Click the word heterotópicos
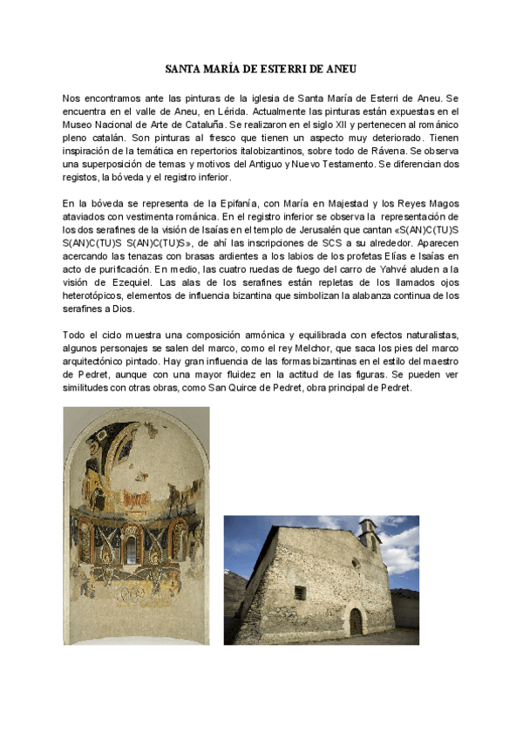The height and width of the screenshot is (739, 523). click(x=98, y=308)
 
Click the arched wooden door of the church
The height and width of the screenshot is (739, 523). click(x=356, y=621)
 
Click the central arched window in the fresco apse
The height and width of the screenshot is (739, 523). click(x=133, y=547)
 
